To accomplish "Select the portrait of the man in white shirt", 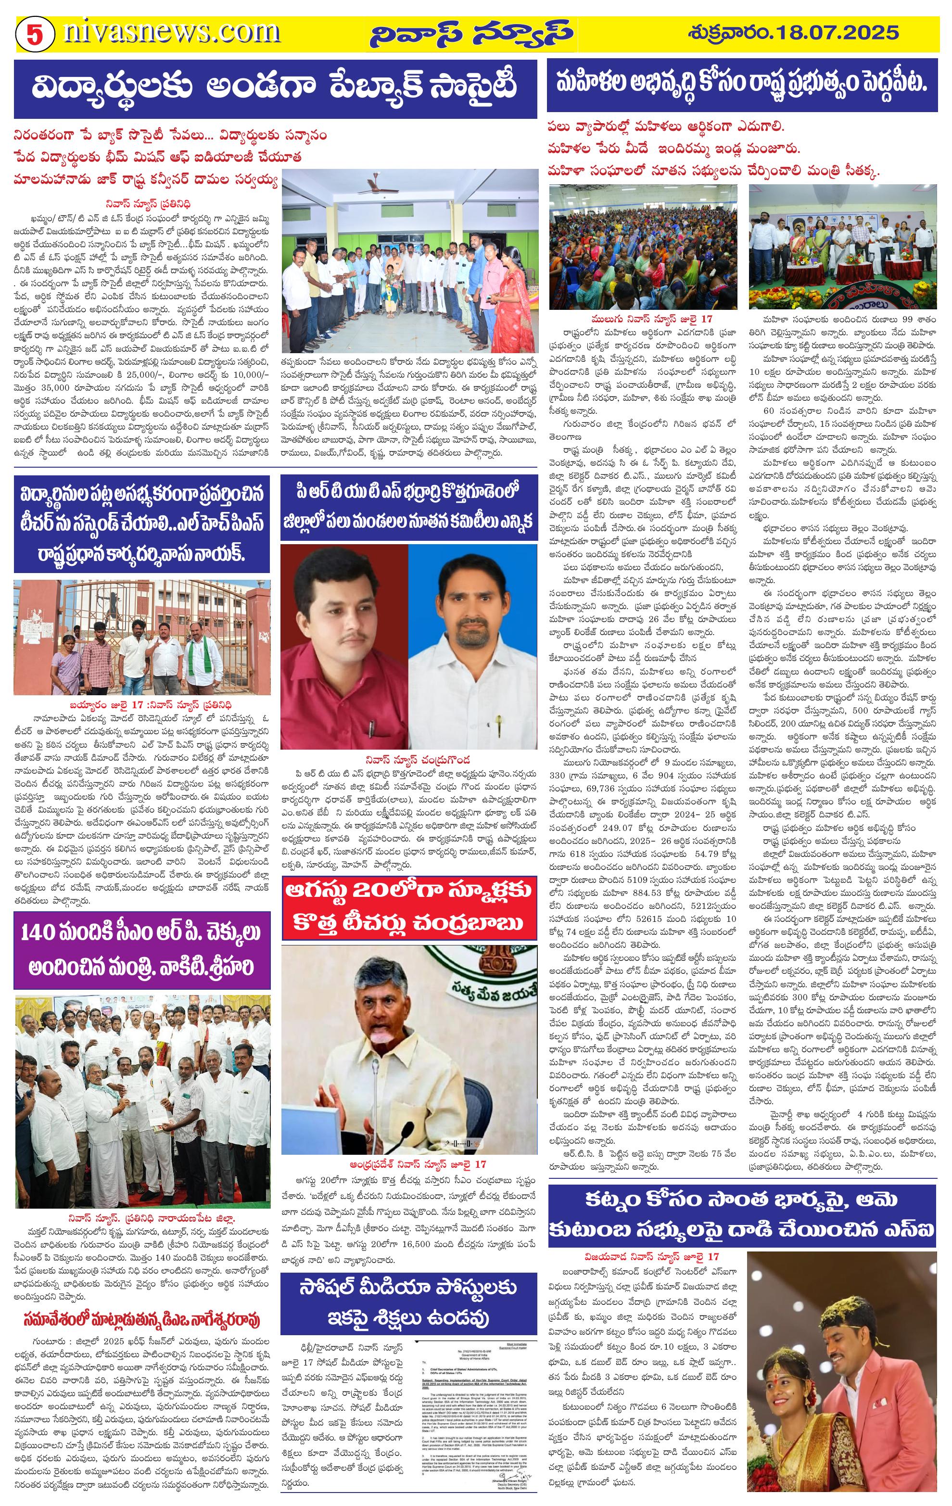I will coord(472,651).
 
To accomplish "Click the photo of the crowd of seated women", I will coord(643,246).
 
